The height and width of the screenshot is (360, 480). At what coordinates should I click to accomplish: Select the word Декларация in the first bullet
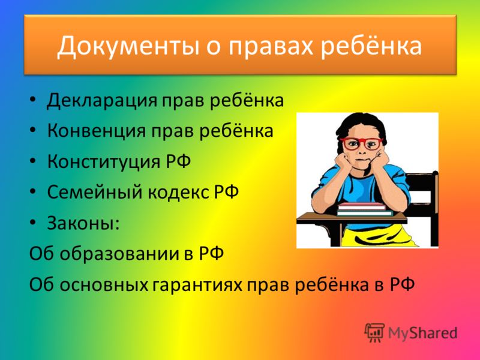point(102,101)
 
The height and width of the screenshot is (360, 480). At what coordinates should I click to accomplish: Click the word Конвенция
point(97,131)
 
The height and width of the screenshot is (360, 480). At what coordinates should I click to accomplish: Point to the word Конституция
point(104,161)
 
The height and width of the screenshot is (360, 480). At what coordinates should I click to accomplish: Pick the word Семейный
point(95,192)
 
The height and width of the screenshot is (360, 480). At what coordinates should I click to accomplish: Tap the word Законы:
point(83,223)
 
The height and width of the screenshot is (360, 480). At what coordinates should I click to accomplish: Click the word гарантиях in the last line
point(198,284)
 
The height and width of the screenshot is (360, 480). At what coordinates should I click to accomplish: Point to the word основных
point(104,284)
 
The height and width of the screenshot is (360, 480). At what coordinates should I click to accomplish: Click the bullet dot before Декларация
point(33,100)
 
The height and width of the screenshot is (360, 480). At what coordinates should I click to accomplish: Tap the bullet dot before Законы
point(33,222)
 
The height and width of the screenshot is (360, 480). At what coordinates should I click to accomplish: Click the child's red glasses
point(361,143)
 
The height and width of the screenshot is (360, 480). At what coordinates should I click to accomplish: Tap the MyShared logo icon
point(374,332)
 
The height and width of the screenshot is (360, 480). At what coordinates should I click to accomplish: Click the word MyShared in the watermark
point(422,333)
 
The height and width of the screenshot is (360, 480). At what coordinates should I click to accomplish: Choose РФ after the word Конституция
point(178,161)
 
